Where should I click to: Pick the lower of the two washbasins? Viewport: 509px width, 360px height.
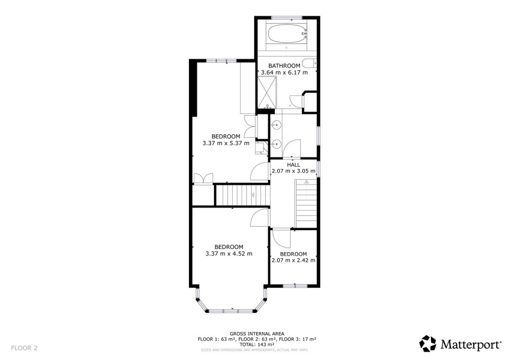click(277, 144)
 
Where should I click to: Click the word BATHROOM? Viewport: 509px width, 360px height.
click(284, 66)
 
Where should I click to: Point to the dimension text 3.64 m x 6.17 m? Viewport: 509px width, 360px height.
click(284, 73)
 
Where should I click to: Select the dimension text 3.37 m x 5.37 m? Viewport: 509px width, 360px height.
click(226, 143)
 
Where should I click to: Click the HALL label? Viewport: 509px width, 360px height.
click(293, 165)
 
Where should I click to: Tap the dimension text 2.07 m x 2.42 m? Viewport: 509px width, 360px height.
click(293, 260)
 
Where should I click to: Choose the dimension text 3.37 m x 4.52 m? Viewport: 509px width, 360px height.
click(229, 254)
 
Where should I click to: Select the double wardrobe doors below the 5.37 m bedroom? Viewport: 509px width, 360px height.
click(203, 179)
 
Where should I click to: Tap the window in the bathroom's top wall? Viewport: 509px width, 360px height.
click(287, 18)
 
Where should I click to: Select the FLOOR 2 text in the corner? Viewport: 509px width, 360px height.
click(24, 348)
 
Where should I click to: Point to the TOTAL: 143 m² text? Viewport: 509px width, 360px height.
click(257, 344)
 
